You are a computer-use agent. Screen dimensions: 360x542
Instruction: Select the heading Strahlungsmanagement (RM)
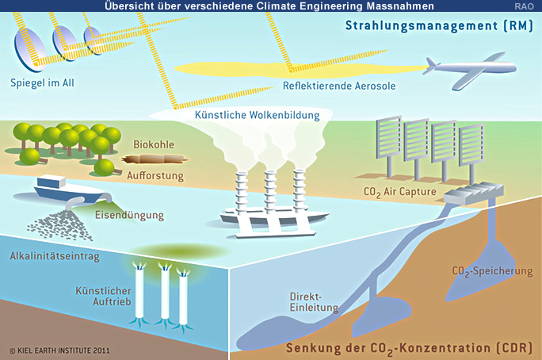tap(438, 25)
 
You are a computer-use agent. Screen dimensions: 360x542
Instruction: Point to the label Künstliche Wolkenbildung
tap(257, 116)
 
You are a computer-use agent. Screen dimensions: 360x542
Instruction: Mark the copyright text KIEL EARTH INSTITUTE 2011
tap(60, 349)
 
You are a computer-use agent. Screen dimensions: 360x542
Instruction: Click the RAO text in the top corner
tap(527, 6)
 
